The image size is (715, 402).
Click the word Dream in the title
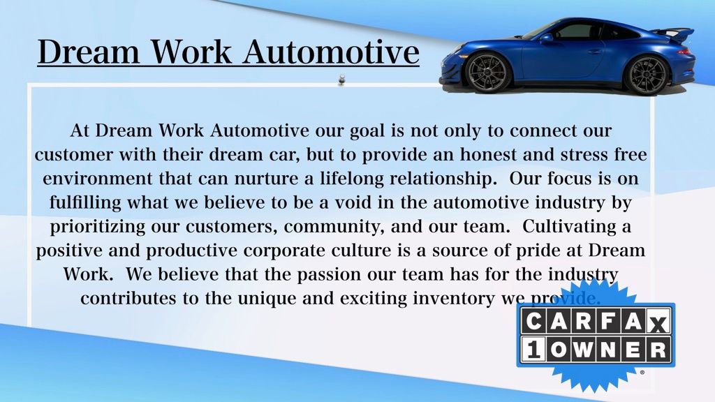(88, 52)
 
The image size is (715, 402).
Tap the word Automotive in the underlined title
(330, 52)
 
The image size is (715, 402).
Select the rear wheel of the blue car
(647, 75)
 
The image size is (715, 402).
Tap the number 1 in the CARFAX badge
(532, 351)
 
